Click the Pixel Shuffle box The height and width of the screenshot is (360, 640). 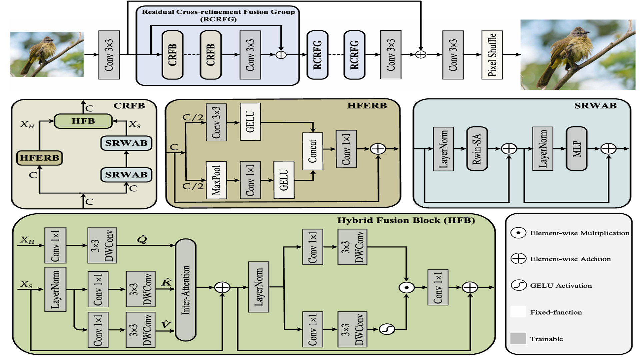[x=492, y=55]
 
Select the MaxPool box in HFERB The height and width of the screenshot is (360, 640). [x=216, y=180]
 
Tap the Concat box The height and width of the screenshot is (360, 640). [x=312, y=151]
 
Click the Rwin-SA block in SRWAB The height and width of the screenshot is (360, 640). [x=477, y=149]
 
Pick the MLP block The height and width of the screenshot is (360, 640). [x=576, y=149]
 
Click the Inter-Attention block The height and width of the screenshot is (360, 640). [x=185, y=290]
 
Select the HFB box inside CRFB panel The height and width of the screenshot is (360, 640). [x=83, y=121]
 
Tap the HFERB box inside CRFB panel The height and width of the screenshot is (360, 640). [x=39, y=158]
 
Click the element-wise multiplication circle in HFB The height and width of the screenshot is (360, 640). [x=406, y=287]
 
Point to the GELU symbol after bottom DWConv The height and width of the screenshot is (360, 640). [x=387, y=329]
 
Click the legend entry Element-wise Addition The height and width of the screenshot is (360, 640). [x=570, y=259]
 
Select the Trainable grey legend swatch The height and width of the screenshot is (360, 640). [x=518, y=339]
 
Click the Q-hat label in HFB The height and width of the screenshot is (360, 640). [x=142, y=239]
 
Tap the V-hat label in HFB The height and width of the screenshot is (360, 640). [x=166, y=324]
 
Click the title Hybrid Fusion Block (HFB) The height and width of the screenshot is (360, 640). [x=406, y=220]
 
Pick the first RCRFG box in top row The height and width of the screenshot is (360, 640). [x=317, y=55]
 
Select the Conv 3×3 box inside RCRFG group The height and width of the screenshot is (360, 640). [x=250, y=55]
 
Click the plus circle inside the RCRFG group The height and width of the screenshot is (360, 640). [x=281, y=55]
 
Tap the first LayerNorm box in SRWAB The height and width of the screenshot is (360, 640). [x=443, y=149]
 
